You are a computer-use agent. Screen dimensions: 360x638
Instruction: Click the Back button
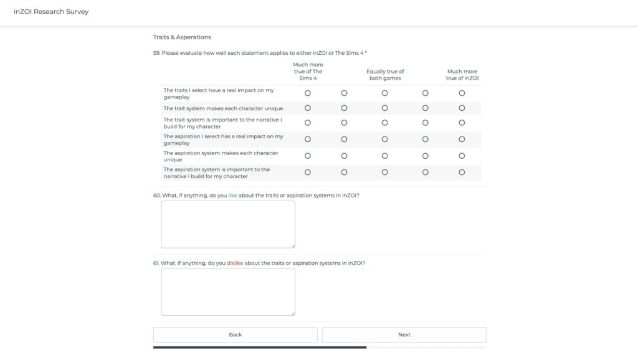tap(235, 334)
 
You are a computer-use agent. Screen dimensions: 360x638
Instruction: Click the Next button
tap(404, 334)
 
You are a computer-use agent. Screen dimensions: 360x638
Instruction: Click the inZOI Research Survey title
tap(51, 12)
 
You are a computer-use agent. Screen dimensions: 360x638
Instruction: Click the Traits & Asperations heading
tap(182, 37)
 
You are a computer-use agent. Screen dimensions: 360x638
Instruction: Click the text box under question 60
tap(228, 224)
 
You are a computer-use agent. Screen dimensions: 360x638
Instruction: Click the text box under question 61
tap(228, 291)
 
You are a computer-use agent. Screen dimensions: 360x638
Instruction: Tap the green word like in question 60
tap(233, 196)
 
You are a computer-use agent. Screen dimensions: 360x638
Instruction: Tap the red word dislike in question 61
tap(235, 263)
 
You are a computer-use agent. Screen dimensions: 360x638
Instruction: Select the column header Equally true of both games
tap(385, 75)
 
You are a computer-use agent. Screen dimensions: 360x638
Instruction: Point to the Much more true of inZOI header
tap(462, 75)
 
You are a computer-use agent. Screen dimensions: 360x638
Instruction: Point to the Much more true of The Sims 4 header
tap(308, 72)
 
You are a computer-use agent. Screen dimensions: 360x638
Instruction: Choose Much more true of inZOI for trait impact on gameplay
tap(462, 93)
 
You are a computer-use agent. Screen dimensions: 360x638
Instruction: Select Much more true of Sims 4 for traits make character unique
tap(308, 108)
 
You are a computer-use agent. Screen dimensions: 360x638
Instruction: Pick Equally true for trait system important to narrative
tap(384, 123)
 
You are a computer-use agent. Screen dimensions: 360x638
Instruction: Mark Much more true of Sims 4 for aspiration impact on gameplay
tap(308, 140)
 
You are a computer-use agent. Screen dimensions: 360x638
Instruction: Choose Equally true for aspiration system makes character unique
tap(384, 156)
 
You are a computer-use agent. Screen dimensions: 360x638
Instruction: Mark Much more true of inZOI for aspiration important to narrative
tap(462, 173)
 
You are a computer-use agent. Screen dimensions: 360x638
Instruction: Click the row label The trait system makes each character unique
tap(223, 108)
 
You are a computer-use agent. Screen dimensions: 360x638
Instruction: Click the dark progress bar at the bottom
tap(260, 347)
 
